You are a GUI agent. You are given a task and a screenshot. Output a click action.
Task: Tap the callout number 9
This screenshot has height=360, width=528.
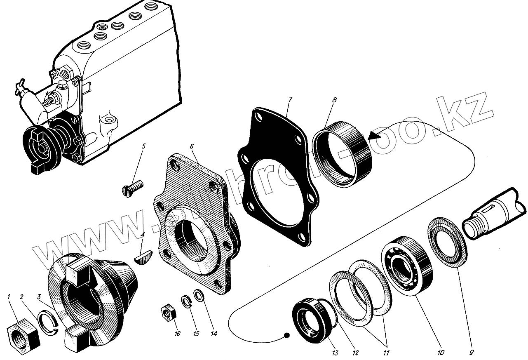pos(472,353)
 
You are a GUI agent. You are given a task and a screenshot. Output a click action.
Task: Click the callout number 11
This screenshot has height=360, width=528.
pos(386,353)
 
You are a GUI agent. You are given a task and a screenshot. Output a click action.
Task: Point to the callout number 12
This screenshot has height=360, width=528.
pos(355,353)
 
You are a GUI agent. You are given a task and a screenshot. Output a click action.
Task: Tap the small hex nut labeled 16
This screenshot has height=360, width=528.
pos(168,312)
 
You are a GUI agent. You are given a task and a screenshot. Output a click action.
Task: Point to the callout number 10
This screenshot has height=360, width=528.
pos(441,353)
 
